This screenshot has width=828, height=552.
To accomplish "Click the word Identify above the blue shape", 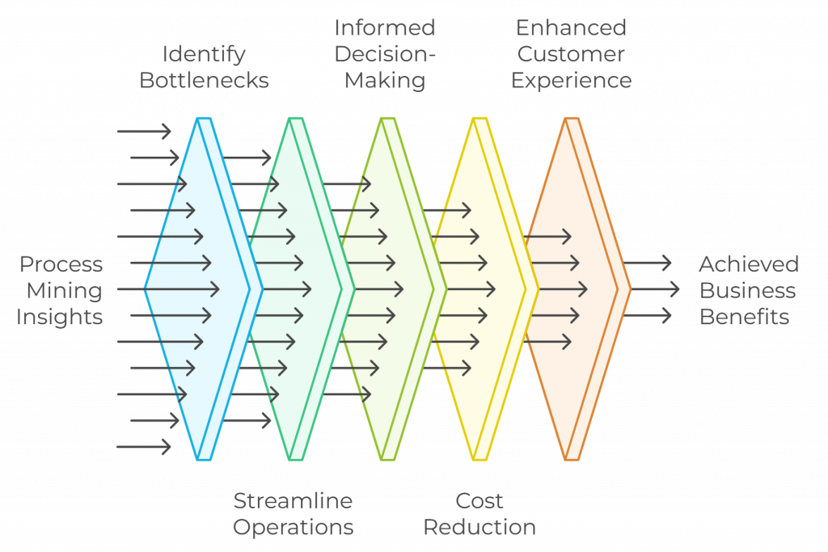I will (x=204, y=54).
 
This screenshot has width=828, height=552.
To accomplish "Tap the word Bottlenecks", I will (x=204, y=81).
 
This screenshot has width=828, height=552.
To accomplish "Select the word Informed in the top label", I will (x=384, y=27).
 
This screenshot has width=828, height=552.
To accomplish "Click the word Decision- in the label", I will (x=384, y=54).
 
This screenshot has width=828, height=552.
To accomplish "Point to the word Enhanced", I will (x=571, y=27).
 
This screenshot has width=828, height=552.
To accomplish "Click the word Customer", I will (x=571, y=54).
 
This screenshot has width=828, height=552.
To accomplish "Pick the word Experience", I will (x=571, y=81).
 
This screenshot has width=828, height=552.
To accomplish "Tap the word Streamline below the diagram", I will (x=293, y=501).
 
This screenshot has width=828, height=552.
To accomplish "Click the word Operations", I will (x=293, y=528).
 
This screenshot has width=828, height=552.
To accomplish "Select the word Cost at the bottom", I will (x=479, y=501).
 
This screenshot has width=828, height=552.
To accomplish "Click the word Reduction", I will (x=479, y=528).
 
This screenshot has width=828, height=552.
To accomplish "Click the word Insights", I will (x=59, y=317).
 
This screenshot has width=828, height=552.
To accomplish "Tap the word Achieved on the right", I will (x=749, y=264).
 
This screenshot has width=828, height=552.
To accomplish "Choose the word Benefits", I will (x=744, y=317).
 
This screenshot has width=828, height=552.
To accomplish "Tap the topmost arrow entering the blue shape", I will (x=144, y=131).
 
